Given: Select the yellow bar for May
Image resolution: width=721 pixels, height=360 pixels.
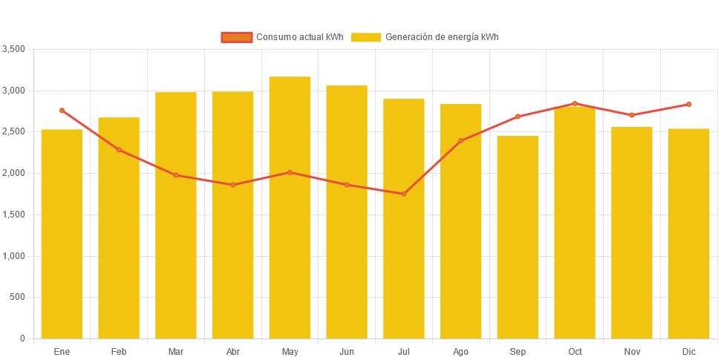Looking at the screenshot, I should (x=290, y=208).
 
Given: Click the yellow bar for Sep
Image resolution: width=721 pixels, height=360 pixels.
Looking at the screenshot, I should (x=518, y=238).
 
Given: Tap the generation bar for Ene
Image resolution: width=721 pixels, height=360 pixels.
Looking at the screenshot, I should (x=62, y=234).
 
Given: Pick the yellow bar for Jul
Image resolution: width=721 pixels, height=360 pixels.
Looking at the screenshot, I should (x=404, y=219).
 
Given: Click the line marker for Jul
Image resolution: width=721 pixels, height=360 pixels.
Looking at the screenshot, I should (x=404, y=194).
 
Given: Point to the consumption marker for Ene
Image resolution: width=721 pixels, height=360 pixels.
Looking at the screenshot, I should (x=62, y=110).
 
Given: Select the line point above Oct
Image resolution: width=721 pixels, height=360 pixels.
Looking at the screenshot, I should (x=575, y=103).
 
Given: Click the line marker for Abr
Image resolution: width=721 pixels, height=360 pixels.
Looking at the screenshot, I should (x=232, y=185).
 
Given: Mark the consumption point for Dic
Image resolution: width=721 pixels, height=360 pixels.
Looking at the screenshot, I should (x=688, y=104).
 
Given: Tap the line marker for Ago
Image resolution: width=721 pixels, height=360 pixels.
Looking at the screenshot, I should (x=460, y=140).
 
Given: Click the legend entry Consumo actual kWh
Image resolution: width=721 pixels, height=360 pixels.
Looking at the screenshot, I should (x=282, y=37).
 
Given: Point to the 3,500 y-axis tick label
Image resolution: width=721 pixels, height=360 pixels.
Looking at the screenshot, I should (x=14, y=49).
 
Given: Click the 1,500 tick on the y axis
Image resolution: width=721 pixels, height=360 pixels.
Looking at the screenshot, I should (x=14, y=215).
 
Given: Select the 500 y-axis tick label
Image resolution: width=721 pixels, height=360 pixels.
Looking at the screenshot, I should (x=18, y=297).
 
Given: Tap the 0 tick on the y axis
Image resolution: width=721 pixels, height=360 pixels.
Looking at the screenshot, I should (x=22, y=338).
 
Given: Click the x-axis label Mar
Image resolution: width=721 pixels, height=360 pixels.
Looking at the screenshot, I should (x=176, y=351).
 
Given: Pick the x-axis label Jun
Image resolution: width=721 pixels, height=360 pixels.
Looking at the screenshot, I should (x=347, y=351).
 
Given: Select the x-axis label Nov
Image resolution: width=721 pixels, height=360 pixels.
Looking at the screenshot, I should (x=632, y=351).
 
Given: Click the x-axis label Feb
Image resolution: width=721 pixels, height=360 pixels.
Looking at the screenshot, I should (x=119, y=351).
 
